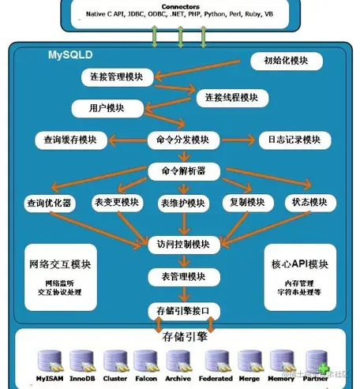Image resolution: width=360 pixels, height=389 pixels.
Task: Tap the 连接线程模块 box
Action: point(231,97)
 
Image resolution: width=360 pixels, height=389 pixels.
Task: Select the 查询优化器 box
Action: point(49,203)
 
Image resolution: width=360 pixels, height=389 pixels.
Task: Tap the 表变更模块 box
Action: point(116,201)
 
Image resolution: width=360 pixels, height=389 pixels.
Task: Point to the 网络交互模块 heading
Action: point(59,264)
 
